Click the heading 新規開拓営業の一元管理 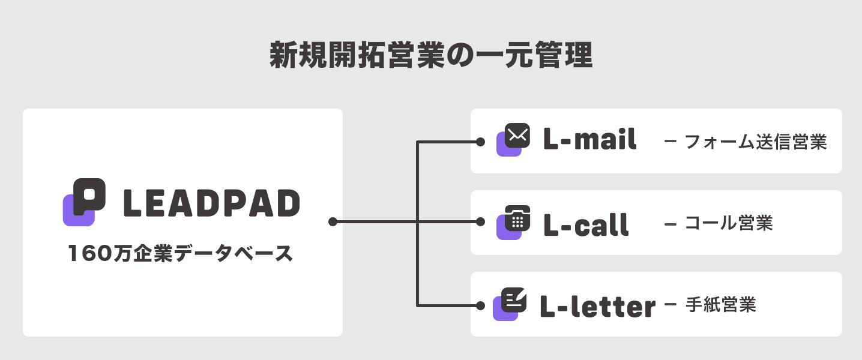(430, 56)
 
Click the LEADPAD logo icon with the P (85, 202)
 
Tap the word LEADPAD (211, 203)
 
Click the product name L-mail (589, 140)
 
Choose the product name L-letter (597, 306)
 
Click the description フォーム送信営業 (755, 142)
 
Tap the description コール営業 (728, 223)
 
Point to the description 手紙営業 (720, 305)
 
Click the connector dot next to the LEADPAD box (333, 222)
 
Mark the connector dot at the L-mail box (480, 142)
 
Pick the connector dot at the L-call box (480, 222)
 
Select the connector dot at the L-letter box (480, 305)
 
